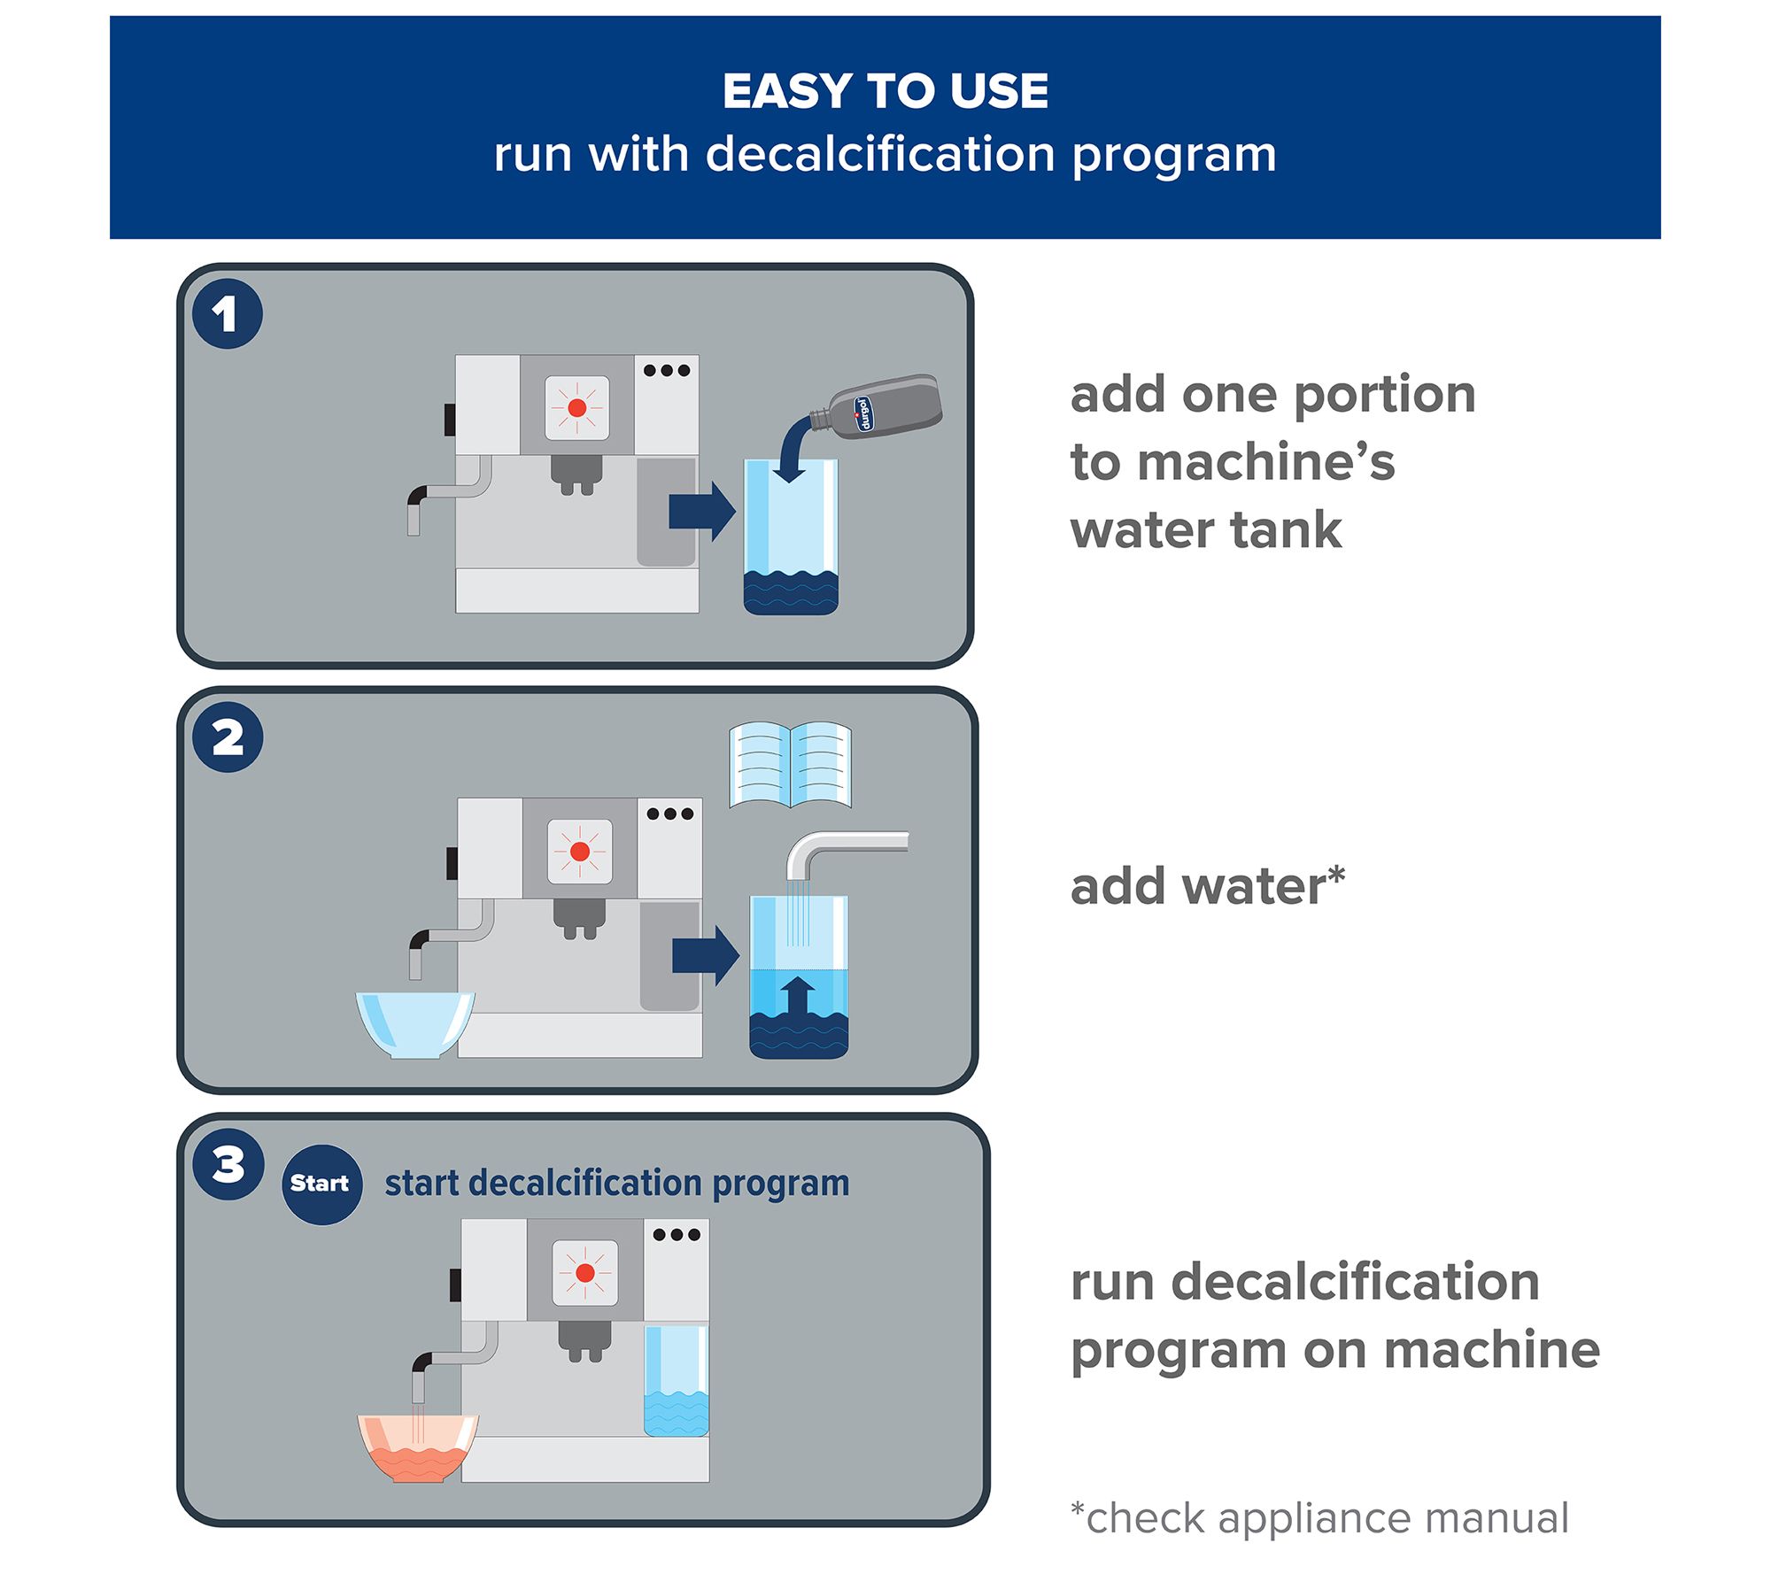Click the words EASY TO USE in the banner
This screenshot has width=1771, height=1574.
click(x=885, y=91)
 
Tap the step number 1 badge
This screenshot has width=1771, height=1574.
click(x=227, y=314)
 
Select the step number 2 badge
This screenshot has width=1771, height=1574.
click(x=228, y=737)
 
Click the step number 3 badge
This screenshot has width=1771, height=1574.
click(x=228, y=1164)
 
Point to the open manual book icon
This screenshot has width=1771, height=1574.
click(x=790, y=765)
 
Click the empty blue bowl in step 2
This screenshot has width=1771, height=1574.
click(x=414, y=1023)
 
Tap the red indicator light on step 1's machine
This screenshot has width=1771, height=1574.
click(x=576, y=407)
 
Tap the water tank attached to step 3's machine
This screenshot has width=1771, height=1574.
click(x=677, y=1380)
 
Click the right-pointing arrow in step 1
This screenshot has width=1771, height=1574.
click(x=702, y=511)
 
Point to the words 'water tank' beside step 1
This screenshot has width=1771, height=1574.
click(x=1205, y=530)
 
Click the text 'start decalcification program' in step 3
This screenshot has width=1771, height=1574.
click(x=616, y=1183)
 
